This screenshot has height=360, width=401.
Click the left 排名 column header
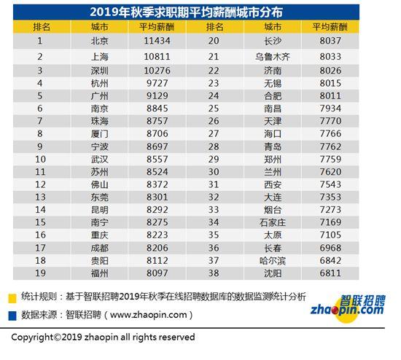click(41, 27)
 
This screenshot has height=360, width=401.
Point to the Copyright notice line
click(103, 337)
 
